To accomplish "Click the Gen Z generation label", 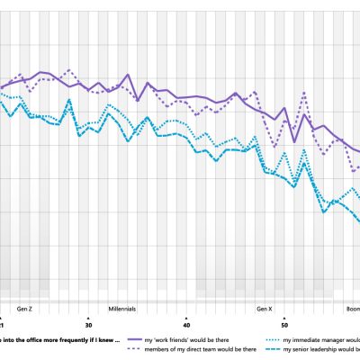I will [25, 308].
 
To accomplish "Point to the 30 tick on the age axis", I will [88, 325].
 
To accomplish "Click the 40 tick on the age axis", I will [186, 325].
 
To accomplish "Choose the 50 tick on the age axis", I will [284, 325].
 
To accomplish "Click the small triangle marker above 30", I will [88, 318].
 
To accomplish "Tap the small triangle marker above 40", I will [186, 318].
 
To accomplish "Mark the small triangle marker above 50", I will [284, 318].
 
